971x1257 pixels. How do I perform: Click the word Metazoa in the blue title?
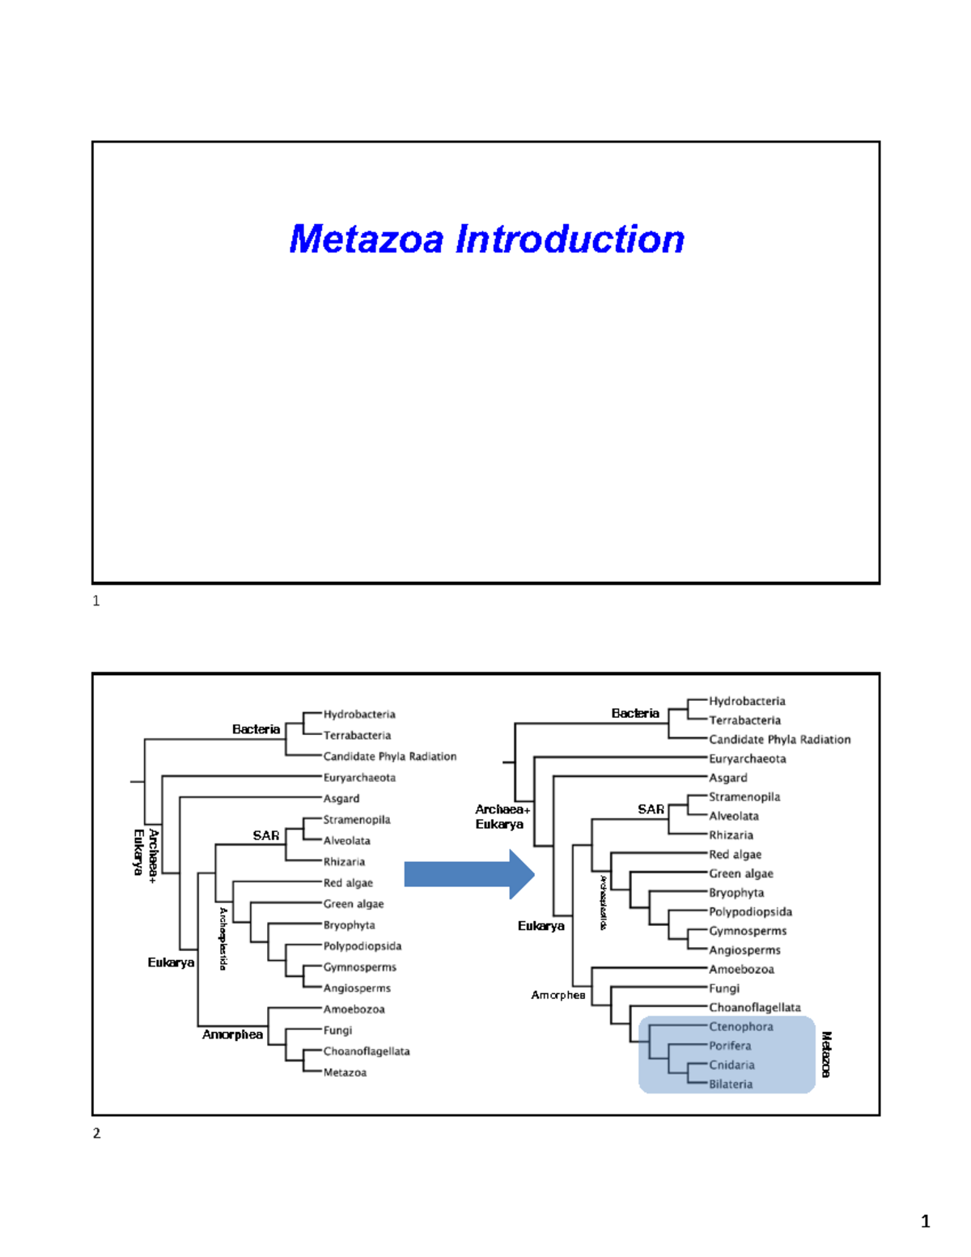tap(367, 240)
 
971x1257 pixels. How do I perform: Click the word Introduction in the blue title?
tap(570, 240)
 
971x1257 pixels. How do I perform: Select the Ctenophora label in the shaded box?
tap(740, 1026)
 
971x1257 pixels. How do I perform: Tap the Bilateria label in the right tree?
tap(731, 1084)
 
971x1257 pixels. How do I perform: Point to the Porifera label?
tap(730, 1046)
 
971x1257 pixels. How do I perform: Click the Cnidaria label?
tap(731, 1065)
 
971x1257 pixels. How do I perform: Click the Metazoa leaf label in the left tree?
tap(345, 1072)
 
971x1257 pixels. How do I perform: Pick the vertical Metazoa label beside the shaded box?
tap(826, 1054)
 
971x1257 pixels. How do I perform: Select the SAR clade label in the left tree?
tap(265, 835)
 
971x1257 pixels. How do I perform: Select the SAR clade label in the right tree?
tap(651, 809)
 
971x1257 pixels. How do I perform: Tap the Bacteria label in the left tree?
tap(256, 729)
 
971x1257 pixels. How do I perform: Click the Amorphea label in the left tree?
tap(232, 1034)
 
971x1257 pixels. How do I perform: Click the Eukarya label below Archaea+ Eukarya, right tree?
tap(541, 926)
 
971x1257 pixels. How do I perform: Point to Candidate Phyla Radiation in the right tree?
tap(779, 740)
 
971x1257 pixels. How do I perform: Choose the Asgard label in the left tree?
tap(341, 799)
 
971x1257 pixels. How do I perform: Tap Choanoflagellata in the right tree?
tap(754, 1008)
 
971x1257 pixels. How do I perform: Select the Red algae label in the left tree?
tap(348, 883)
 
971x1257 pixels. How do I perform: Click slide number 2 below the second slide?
tap(96, 1133)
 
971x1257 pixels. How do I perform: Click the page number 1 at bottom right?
tap(925, 1221)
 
